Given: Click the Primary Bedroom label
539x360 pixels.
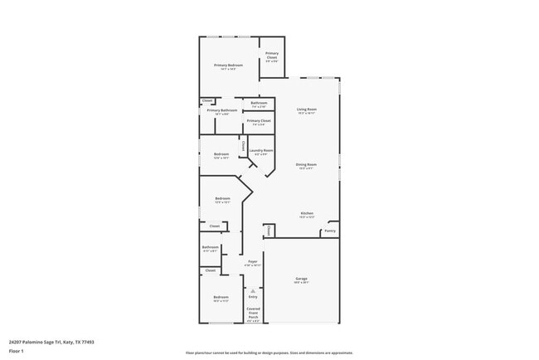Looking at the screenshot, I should click(x=227, y=65).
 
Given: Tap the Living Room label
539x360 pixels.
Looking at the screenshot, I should click(x=308, y=109).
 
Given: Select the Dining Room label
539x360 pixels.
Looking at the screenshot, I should click(x=307, y=164).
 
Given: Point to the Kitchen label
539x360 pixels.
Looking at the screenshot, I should click(x=307, y=213).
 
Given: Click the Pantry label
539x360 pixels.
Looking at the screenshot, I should click(x=330, y=231).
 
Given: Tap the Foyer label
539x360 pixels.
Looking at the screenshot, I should click(x=252, y=261).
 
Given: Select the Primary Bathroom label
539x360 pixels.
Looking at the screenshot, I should click(x=222, y=110).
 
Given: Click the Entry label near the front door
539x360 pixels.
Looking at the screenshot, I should click(x=253, y=296).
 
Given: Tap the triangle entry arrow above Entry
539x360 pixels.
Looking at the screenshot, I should click(x=253, y=289).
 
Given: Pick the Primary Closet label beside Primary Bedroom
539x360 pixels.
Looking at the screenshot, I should click(x=271, y=56).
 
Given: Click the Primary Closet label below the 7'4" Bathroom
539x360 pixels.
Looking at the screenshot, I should click(x=260, y=120).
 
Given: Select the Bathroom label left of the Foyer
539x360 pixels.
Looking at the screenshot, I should click(x=211, y=246).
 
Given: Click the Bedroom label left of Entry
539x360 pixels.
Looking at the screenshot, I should click(x=221, y=297).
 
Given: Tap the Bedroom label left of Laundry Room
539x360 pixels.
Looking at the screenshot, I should click(x=221, y=153).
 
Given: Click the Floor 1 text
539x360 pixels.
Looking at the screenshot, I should click(x=17, y=351).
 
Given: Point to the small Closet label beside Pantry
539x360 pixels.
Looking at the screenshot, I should click(x=269, y=230).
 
